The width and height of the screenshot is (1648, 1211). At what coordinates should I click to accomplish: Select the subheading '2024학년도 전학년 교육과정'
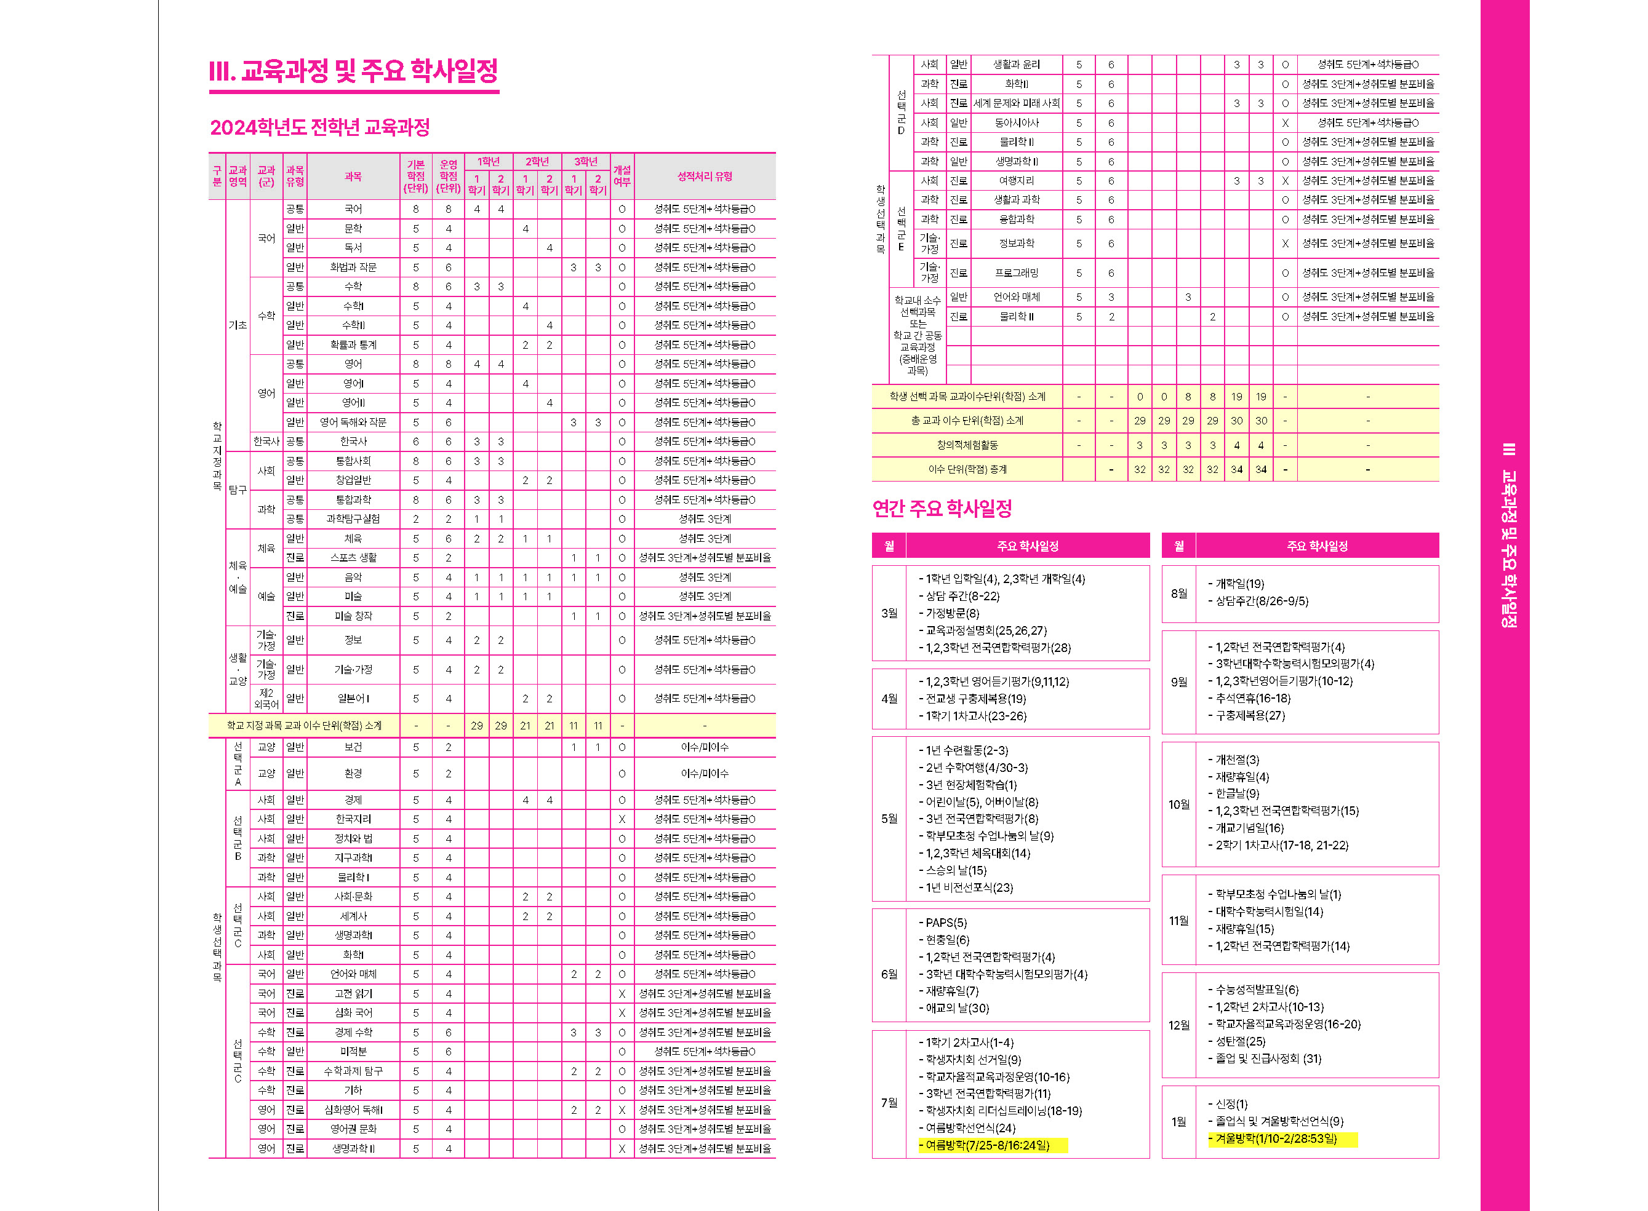pyautogui.click(x=320, y=127)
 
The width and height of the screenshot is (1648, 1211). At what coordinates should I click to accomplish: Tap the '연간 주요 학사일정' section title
pyautogui.click(x=942, y=508)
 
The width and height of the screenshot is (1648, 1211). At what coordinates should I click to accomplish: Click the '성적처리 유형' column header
pyautogui.click(x=704, y=177)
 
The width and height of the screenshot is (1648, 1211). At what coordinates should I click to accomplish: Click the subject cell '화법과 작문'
pyautogui.click(x=353, y=268)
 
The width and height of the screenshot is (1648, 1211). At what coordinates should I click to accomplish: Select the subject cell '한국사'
pyautogui.click(x=353, y=442)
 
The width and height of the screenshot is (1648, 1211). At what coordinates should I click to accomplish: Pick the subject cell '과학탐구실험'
pyautogui.click(x=353, y=519)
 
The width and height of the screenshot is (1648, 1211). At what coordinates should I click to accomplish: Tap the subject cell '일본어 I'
pyautogui.click(x=353, y=699)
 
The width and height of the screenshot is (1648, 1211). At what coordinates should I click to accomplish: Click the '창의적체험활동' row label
pyautogui.click(x=967, y=445)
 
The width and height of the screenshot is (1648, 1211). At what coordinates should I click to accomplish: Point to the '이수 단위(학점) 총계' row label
pyautogui.click(x=967, y=469)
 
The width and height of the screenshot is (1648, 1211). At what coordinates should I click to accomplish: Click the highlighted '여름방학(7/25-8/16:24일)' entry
pyautogui.click(x=987, y=1145)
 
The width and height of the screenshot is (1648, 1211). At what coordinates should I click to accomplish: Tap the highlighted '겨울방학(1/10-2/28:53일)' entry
pyautogui.click(x=1276, y=1138)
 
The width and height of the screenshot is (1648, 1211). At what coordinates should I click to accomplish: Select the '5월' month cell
pyautogui.click(x=889, y=819)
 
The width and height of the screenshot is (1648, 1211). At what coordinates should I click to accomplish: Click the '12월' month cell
pyautogui.click(x=1178, y=1025)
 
